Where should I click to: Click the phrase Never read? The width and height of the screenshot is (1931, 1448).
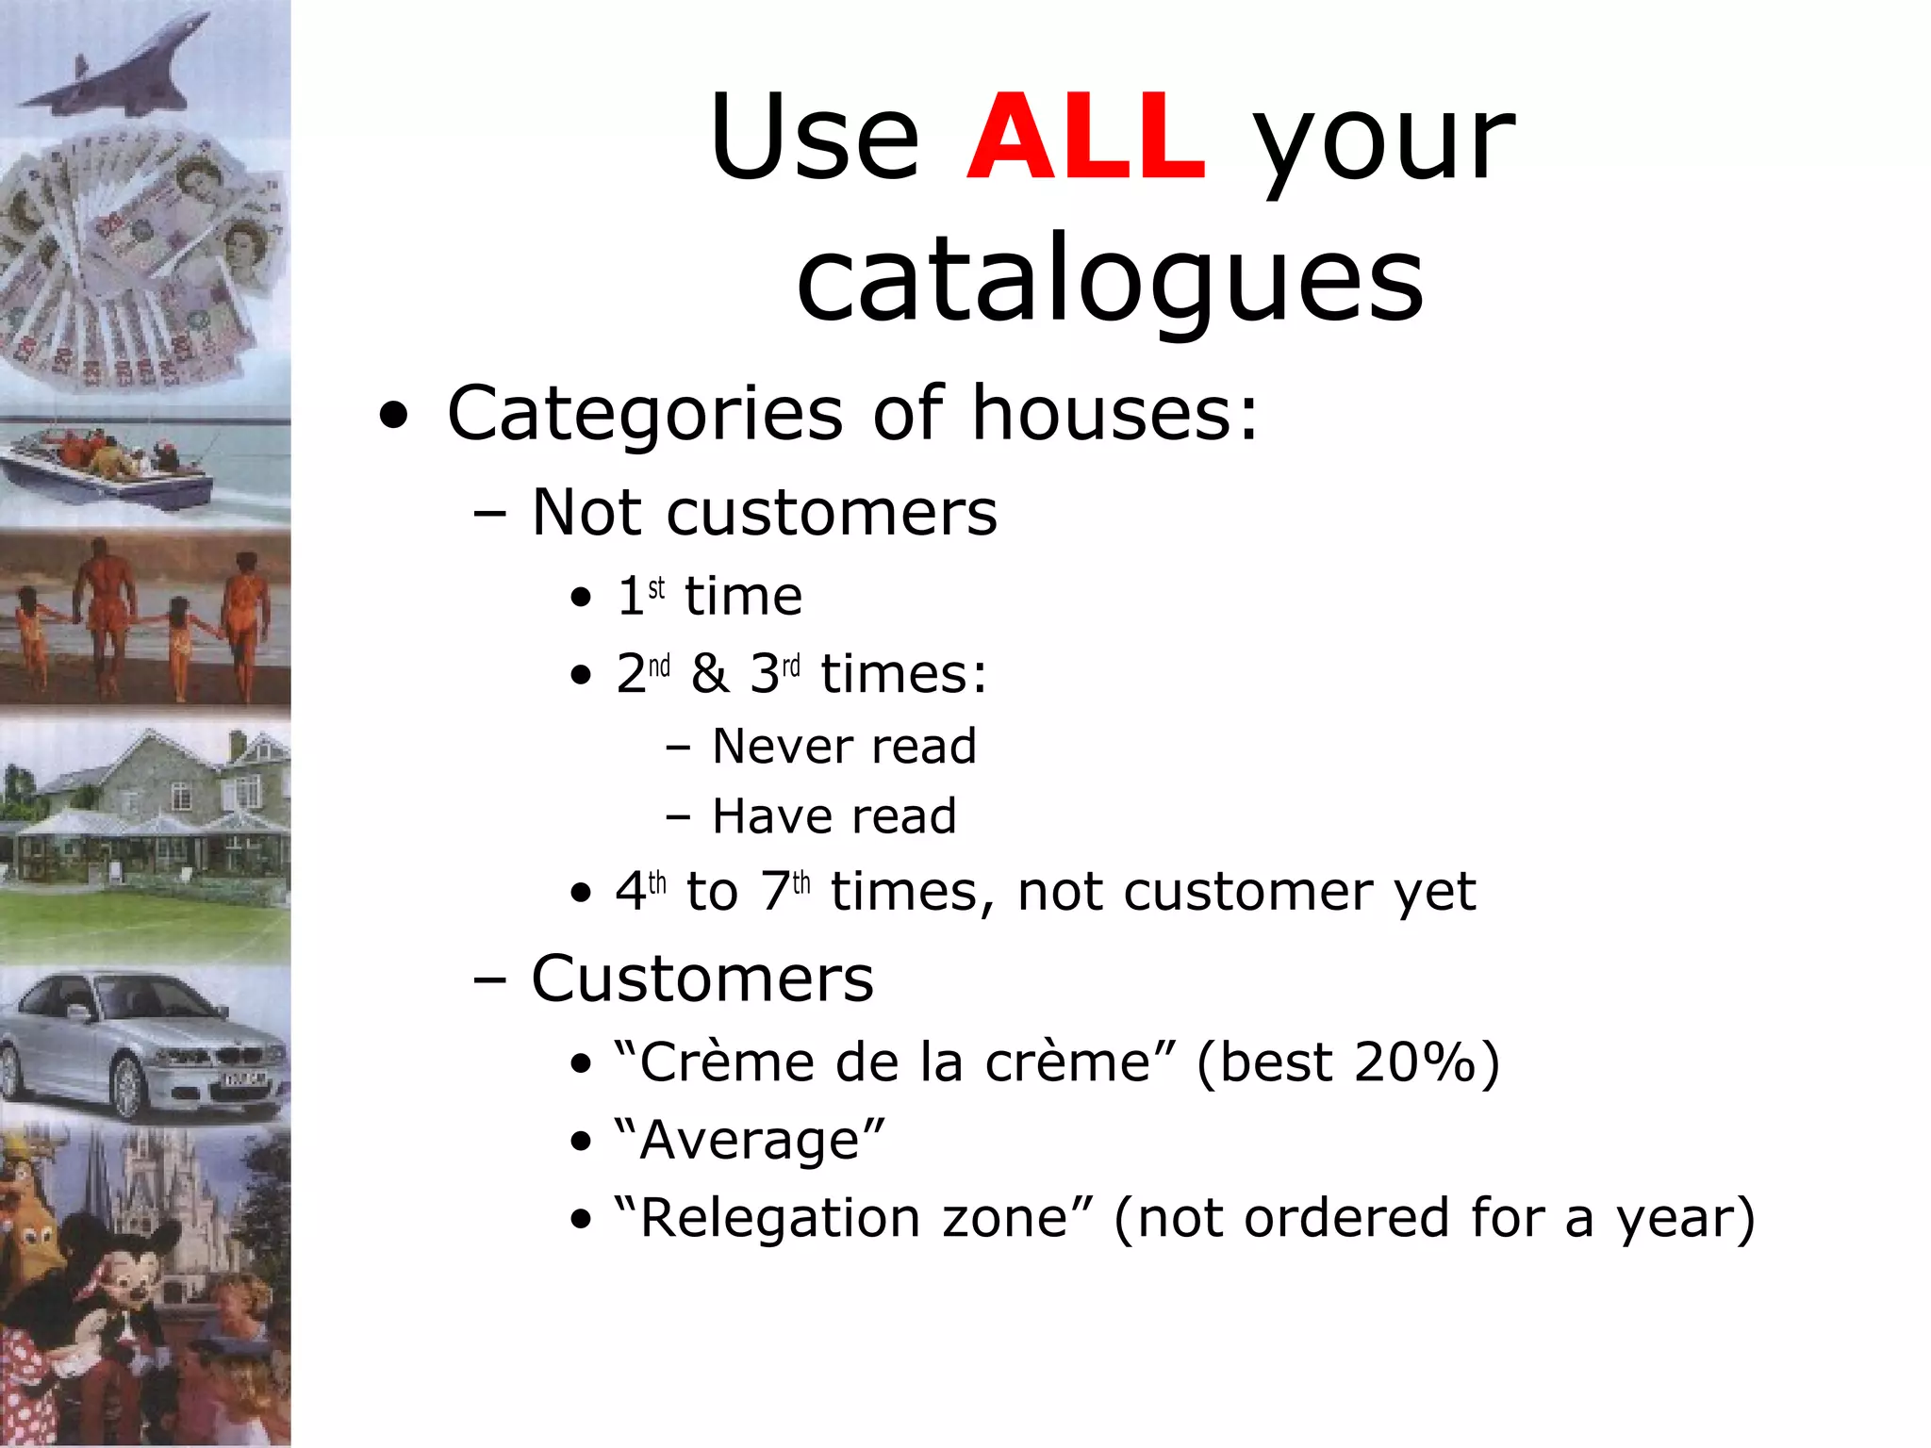(x=844, y=747)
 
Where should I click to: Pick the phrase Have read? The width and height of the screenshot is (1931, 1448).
(x=833, y=816)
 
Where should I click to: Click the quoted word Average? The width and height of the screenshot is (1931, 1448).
(x=750, y=1141)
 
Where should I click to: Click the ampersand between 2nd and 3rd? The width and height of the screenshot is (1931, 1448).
(x=710, y=674)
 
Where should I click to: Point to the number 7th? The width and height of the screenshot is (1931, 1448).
(x=784, y=891)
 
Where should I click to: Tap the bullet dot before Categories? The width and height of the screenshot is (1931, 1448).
(x=394, y=416)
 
